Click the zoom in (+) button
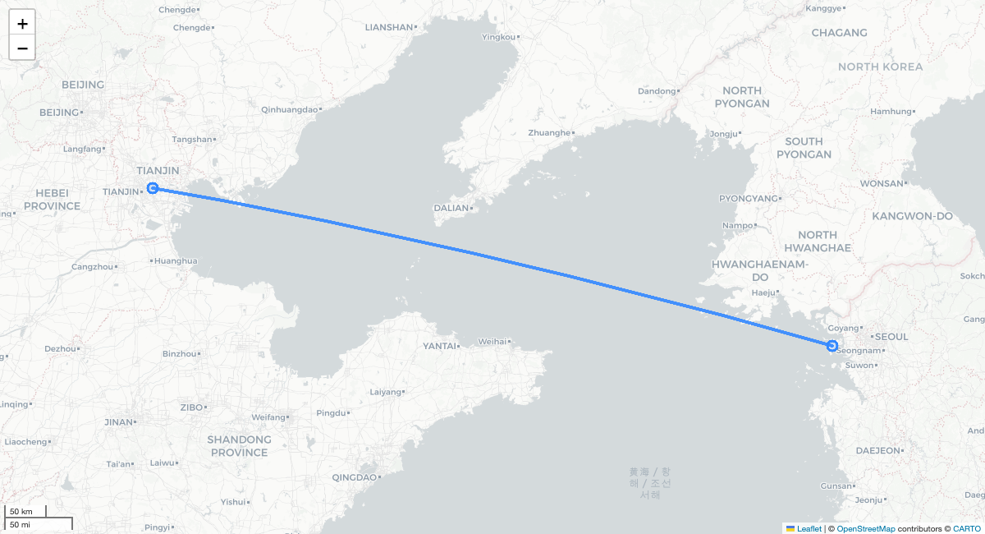click(22, 23)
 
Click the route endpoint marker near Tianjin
click(153, 188)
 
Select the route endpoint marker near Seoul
click(832, 346)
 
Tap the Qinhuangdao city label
click(288, 109)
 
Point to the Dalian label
click(451, 208)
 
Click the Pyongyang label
click(747, 199)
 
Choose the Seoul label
click(891, 337)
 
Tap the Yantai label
click(439, 346)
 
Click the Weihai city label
click(492, 341)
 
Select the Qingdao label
click(354, 477)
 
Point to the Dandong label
click(657, 91)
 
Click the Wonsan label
click(882, 183)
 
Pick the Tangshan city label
click(193, 140)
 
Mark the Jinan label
click(118, 422)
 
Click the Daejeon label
click(878, 450)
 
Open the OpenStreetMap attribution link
click(866, 528)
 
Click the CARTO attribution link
click(966, 528)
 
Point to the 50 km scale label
click(21, 512)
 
